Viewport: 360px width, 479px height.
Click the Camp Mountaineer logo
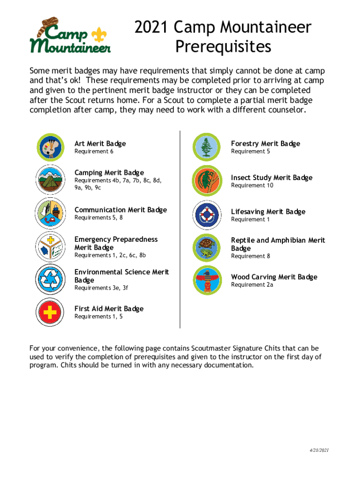70,36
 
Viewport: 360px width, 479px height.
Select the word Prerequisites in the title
223,47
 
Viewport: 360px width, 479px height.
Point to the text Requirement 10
252,186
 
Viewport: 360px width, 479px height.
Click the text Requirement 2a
252,285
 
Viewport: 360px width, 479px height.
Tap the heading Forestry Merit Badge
266,144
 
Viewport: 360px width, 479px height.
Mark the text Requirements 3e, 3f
101,288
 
